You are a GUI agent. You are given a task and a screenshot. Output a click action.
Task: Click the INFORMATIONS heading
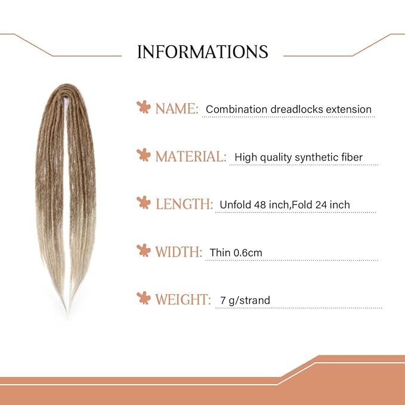202,51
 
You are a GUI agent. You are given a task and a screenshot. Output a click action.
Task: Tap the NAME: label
177,109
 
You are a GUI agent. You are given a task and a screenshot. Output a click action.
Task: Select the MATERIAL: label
191,157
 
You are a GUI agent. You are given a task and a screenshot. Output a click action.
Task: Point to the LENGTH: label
184,204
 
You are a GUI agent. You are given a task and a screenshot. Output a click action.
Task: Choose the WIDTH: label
179,252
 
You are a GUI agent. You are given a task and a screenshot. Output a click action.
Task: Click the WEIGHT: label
183,299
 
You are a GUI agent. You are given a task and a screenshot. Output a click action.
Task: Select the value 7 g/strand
245,300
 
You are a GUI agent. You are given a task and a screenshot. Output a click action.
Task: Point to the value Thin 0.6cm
236,252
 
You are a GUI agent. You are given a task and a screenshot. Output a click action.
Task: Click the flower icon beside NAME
143,108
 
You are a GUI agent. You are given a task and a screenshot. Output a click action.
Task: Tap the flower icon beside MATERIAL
143,156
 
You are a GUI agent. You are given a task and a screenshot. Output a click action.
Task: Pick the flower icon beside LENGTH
143,203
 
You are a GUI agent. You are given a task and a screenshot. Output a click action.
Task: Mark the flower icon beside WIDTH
143,251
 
